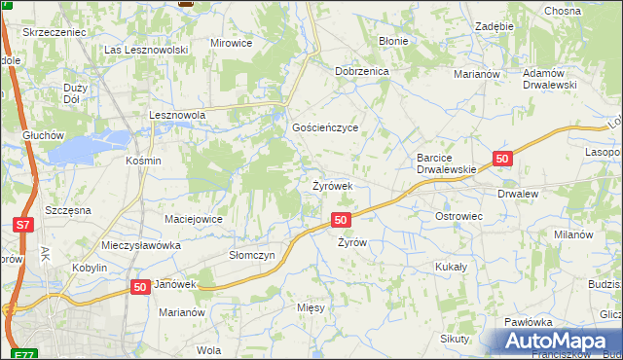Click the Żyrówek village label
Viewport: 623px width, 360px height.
pos(339,185)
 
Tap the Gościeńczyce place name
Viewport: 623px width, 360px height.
pos(326,128)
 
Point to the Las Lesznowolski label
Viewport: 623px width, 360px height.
pos(145,49)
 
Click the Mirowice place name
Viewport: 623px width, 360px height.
pos(231,44)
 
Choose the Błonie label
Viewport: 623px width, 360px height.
pos(394,43)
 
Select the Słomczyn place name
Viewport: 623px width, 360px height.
pos(252,254)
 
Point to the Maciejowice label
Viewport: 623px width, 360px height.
pos(194,219)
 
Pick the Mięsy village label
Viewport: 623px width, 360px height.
pos(311,306)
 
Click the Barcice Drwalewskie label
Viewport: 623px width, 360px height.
pos(446,162)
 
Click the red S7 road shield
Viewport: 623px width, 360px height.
pos(24,225)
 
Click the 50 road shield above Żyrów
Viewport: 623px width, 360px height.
pos(341,221)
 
